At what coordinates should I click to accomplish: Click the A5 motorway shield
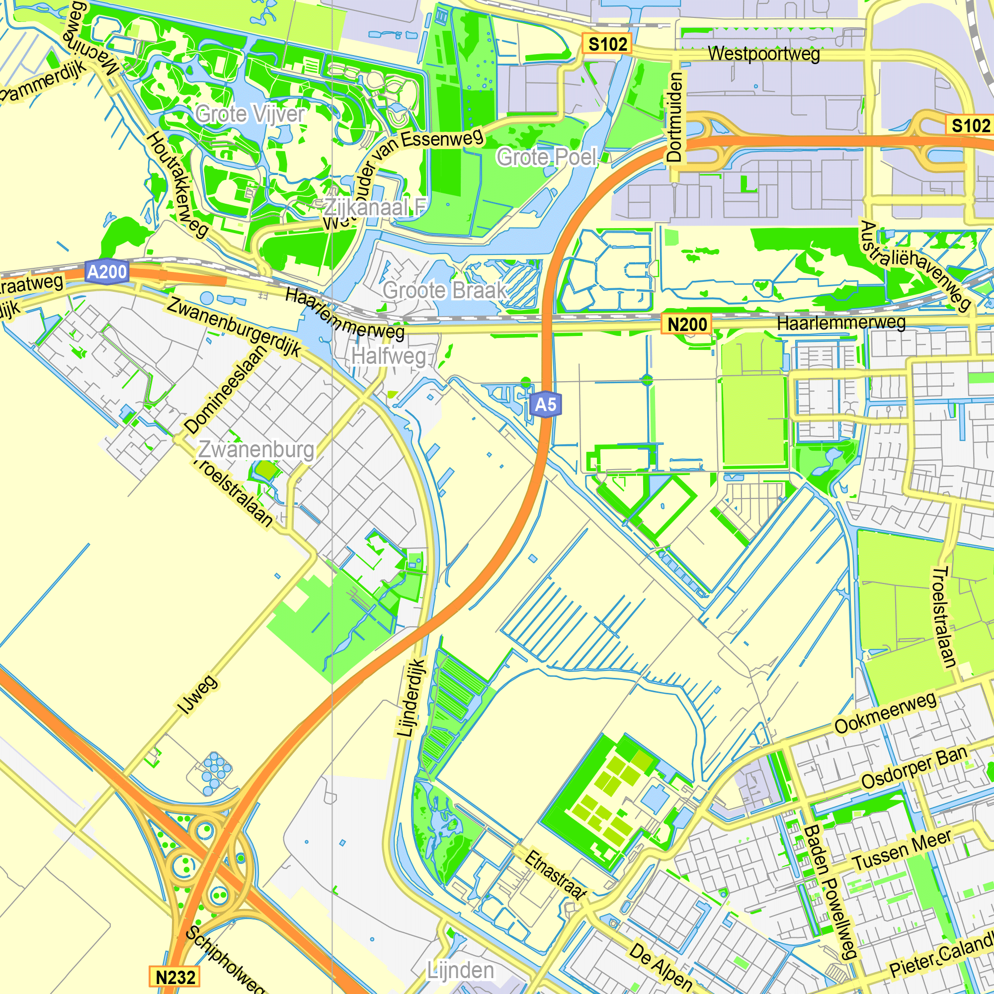(545, 405)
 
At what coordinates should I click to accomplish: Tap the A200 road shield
(106, 271)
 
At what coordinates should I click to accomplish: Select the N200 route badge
(687, 325)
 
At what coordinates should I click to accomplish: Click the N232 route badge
(175, 977)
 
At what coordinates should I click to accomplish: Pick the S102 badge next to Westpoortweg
(607, 44)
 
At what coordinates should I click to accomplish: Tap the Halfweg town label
(389, 356)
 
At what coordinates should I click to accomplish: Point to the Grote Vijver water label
(250, 114)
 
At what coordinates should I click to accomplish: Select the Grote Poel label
(546, 158)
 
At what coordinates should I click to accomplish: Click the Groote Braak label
(444, 291)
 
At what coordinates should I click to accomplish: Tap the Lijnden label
(461, 970)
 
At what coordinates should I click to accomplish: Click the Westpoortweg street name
(763, 54)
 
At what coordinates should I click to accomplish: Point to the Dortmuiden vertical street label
(674, 117)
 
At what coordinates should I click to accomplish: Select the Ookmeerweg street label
(885, 713)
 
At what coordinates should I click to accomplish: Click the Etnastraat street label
(555, 875)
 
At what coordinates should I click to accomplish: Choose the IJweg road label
(198, 695)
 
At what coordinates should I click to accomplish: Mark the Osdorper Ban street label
(914, 767)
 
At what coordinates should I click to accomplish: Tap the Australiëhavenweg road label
(915, 266)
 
